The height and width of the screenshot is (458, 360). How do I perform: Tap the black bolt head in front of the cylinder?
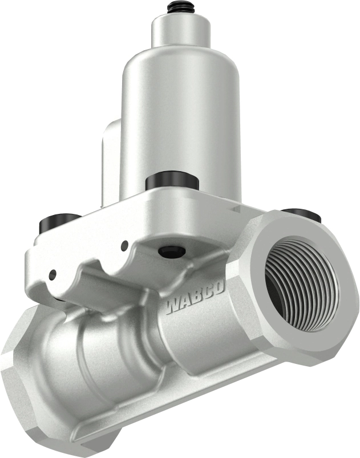point(172,181)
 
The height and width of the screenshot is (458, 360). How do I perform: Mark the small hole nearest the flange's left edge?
point(52,274)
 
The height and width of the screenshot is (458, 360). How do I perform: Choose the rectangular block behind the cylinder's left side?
point(110,160)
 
